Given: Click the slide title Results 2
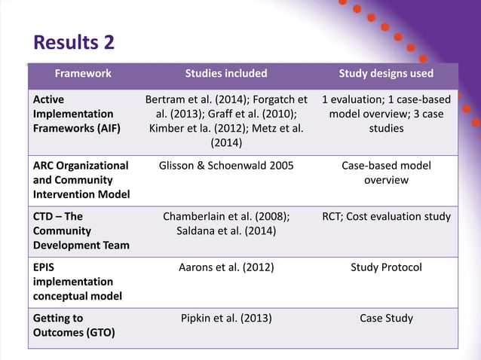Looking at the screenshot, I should coord(75,42).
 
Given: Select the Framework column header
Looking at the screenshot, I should coord(82,74).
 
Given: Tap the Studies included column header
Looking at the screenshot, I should coord(226,74).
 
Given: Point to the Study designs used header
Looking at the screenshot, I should coord(386,74).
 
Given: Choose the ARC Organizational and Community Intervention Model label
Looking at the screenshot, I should coord(81,180).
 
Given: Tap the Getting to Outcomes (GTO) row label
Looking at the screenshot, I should coord(73,325).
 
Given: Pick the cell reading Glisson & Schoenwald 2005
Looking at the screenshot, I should coord(226,166).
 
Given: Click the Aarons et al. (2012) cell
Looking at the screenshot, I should coord(226,267).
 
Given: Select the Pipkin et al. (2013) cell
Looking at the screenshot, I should coord(226,318).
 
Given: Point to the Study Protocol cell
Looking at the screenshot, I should coord(386,267).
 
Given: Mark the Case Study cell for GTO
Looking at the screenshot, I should coord(386,318).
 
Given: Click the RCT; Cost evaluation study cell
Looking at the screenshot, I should coord(386,217).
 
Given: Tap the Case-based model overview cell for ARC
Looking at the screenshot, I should coord(386,172).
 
